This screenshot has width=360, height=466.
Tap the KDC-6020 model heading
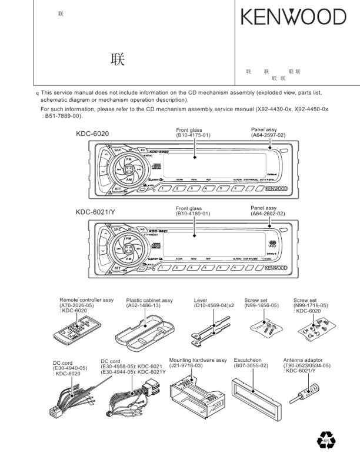coord(92,134)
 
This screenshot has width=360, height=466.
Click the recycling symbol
coord(325,440)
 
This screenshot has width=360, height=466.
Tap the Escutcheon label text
coord(248,360)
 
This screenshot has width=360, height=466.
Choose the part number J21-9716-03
coord(186,365)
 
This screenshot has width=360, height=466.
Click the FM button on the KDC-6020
coord(128,159)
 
